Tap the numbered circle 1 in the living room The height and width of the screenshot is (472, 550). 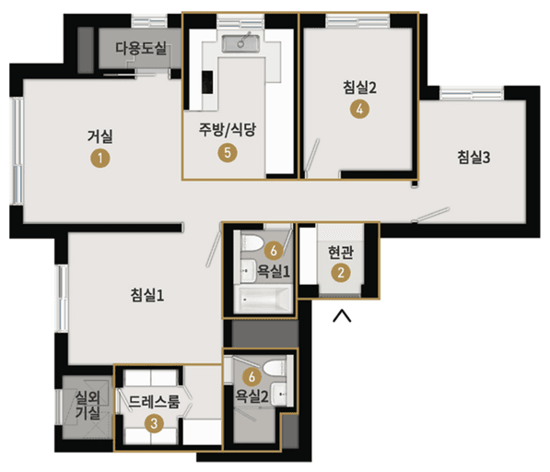point(99,158)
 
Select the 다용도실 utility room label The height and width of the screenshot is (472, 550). point(139,48)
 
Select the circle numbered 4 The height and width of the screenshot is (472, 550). point(360,110)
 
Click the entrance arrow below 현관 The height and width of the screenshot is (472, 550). point(342,317)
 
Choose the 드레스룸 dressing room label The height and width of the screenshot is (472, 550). point(155,402)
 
